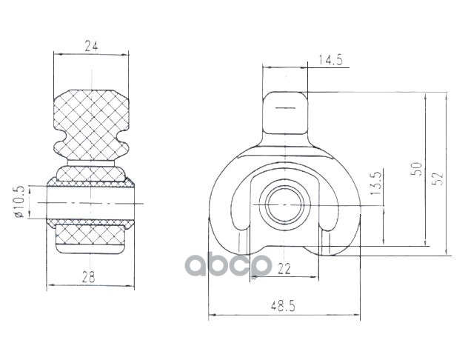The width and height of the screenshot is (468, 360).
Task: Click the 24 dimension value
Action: click(91, 46)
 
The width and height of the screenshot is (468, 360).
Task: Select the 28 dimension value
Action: click(89, 277)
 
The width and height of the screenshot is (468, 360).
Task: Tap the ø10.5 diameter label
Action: click(19, 201)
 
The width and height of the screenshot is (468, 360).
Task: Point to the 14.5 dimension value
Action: click(330, 60)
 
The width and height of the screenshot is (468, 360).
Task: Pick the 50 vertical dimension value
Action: click(417, 169)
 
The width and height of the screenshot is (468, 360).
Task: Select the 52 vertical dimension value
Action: click(438, 179)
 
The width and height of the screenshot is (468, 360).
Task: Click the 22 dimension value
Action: click(284, 269)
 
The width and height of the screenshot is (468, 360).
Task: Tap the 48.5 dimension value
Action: click(283, 306)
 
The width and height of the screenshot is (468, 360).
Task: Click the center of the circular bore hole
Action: click(285, 204)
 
